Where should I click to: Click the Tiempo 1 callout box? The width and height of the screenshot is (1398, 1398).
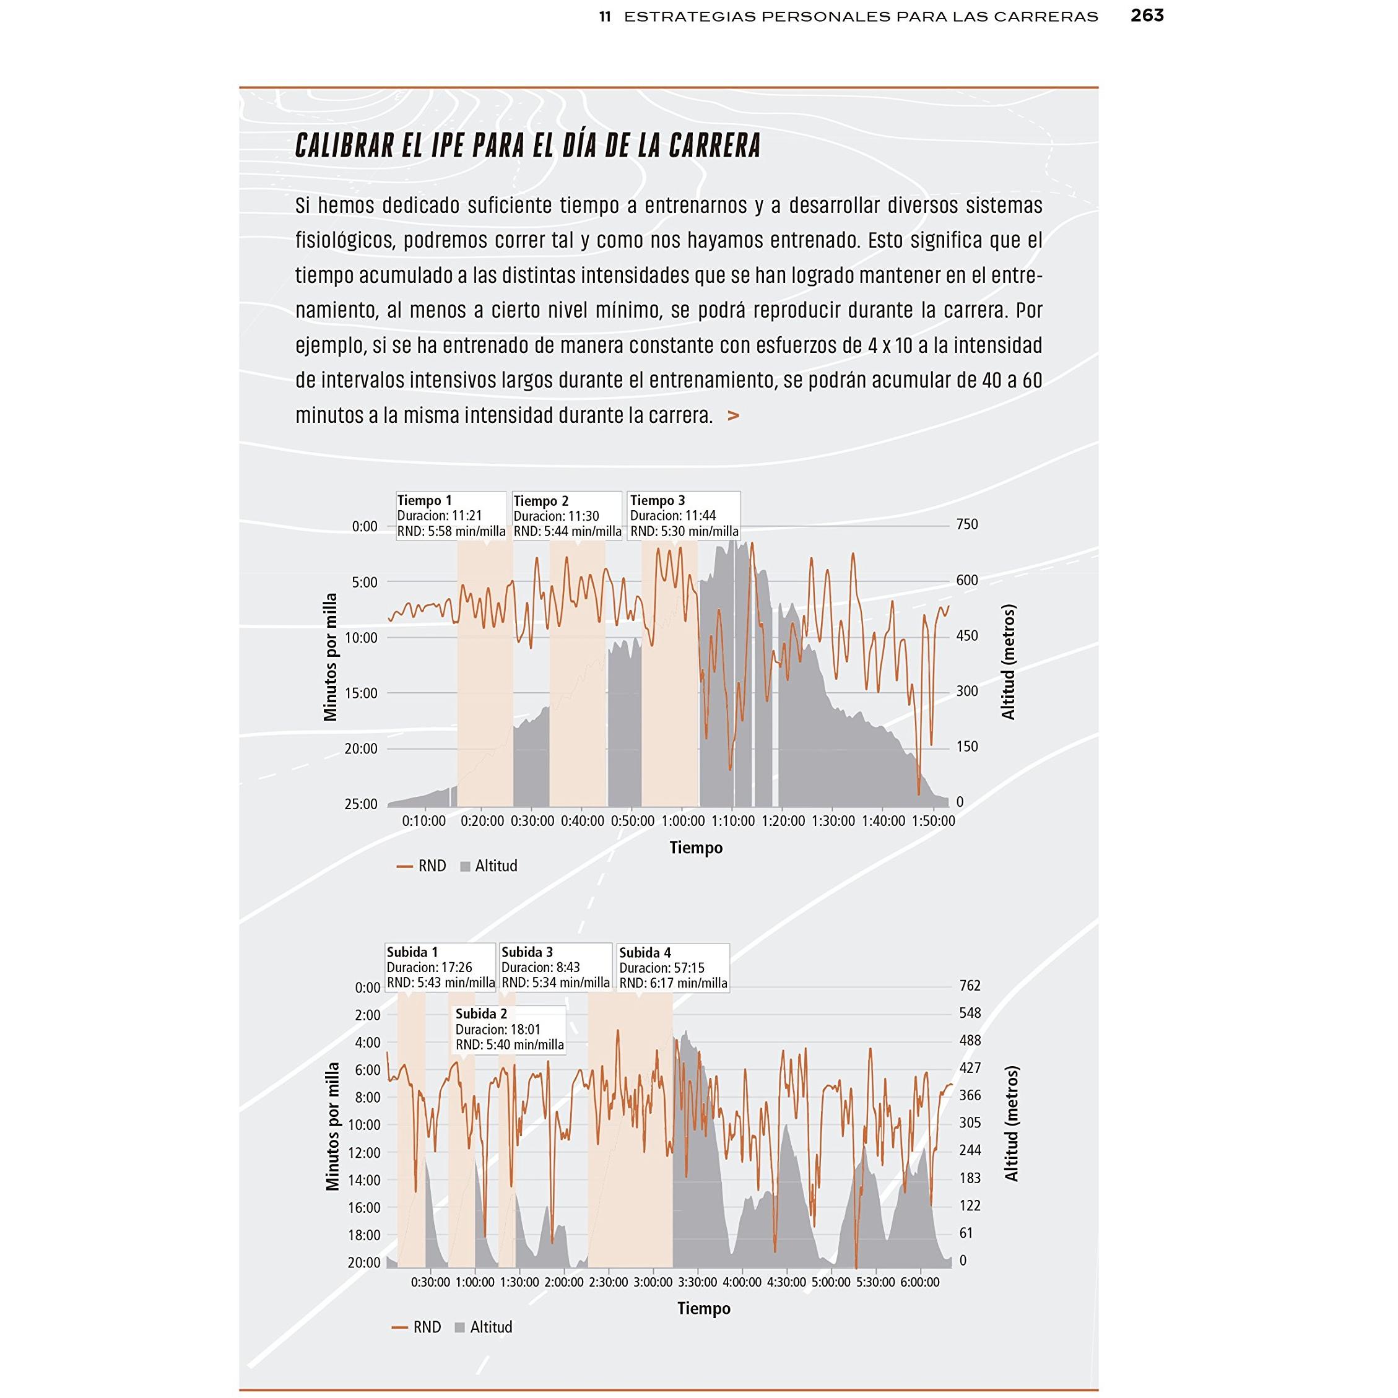tap(451, 516)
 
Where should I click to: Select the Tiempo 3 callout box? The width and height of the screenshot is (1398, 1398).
tap(684, 516)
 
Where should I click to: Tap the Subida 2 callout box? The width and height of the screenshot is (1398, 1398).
tap(510, 1029)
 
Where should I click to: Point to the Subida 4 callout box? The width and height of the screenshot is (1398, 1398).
tap(673, 968)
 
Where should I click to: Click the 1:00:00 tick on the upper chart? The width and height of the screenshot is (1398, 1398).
tap(683, 822)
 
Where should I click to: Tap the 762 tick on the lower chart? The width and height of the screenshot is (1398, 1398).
tap(970, 986)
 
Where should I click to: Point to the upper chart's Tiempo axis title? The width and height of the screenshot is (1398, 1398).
tap(695, 848)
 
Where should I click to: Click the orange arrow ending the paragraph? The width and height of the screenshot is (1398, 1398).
tap(733, 416)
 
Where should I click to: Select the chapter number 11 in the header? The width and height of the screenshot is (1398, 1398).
tap(605, 17)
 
